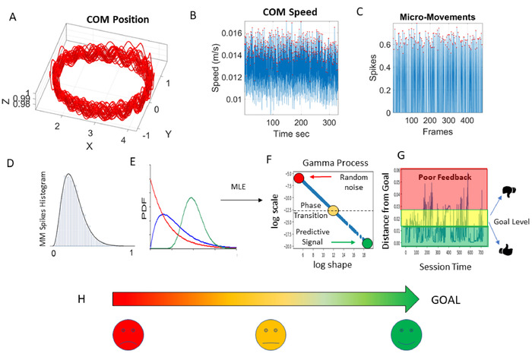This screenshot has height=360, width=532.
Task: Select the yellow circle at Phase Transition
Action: [x=333, y=209]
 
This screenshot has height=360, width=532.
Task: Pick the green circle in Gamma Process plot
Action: [x=367, y=243]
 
